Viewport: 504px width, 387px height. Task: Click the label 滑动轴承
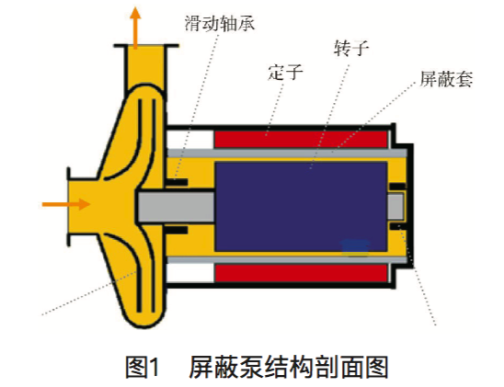click(x=220, y=23)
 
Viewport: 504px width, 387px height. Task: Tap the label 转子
click(x=351, y=49)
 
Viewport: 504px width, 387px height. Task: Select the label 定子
click(x=285, y=73)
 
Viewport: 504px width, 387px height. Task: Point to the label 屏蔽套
click(x=446, y=79)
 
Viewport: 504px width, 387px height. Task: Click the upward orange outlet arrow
click(x=135, y=28)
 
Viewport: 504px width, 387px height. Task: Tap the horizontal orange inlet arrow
click(x=66, y=204)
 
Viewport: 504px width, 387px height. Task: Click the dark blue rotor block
click(x=301, y=207)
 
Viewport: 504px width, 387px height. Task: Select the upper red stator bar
click(x=301, y=140)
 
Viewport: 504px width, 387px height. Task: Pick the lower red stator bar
click(x=301, y=273)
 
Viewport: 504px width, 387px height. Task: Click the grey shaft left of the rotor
click(x=177, y=207)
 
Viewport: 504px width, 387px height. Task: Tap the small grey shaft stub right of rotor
click(x=395, y=206)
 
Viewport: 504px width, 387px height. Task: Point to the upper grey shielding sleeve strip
click(x=287, y=154)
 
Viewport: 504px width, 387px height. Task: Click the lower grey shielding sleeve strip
click(x=287, y=260)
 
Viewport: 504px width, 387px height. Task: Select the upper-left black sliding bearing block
click(x=177, y=183)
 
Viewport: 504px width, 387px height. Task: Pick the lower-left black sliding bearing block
click(x=177, y=230)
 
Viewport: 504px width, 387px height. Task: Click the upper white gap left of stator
click(x=190, y=139)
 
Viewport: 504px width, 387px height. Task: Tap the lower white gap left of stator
click(x=190, y=273)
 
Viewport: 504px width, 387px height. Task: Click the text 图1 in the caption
click(x=142, y=367)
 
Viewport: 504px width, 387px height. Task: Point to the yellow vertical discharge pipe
click(x=146, y=66)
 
